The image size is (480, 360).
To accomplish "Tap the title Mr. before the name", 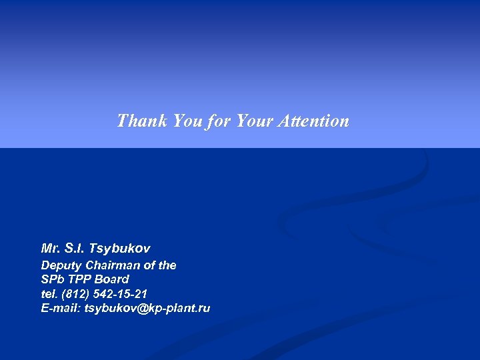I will (51, 249).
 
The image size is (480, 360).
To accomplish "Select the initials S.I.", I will (77, 249).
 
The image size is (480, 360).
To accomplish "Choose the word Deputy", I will (60, 265).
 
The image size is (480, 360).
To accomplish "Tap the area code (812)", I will (73, 293).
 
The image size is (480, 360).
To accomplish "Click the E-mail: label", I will (61, 307).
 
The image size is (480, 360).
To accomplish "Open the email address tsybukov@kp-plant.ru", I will (147, 307).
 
